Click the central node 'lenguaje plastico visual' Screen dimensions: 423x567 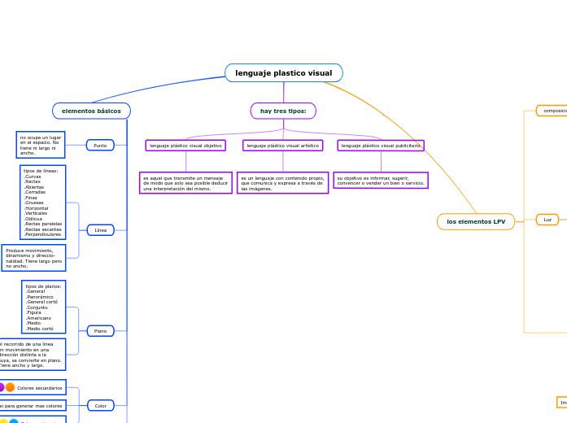pos(283,73)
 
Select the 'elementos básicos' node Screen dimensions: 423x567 pos(91,111)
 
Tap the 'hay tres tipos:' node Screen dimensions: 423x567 pos(283,111)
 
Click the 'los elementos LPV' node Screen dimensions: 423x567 pos(476,221)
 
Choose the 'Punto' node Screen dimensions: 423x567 pos(100,146)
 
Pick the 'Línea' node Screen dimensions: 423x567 pos(100,230)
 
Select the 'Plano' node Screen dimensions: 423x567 pos(100,331)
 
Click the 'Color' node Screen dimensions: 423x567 pos(100,405)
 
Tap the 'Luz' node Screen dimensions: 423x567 pos(547,220)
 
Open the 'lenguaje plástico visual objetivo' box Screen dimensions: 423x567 pos(185,146)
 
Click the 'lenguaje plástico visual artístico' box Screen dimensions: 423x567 pos(282,146)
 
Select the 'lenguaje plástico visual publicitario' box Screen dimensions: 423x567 pos(381,146)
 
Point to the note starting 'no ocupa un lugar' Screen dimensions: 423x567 pos(40,145)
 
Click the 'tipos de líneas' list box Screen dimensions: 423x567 pos(42,202)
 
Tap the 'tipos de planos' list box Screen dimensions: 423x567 pos(43,307)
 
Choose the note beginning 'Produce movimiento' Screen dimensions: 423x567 pos(33,258)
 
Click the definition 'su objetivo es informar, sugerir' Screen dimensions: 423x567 pos(381,181)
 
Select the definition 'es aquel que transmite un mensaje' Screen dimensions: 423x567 pos(185,183)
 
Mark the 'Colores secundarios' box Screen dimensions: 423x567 pos(38,388)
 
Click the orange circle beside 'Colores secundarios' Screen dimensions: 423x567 pos(10,388)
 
